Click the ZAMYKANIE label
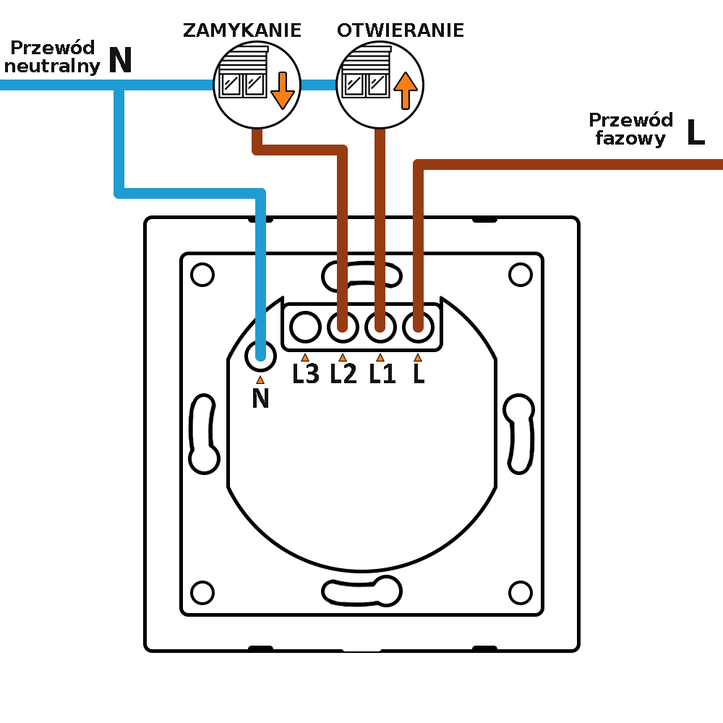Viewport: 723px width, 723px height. (x=241, y=30)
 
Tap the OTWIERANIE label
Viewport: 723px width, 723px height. (x=400, y=30)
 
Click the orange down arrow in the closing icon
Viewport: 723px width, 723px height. (x=282, y=89)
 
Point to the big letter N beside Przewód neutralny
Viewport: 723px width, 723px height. (x=120, y=61)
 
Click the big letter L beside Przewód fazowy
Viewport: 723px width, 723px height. (x=696, y=133)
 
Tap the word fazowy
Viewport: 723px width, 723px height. (x=630, y=138)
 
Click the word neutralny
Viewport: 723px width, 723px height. (x=52, y=67)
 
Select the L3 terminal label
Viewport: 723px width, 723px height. (x=306, y=374)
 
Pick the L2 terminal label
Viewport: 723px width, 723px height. (x=343, y=374)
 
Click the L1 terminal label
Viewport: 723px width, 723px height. (x=382, y=374)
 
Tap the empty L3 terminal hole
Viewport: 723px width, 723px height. (x=306, y=328)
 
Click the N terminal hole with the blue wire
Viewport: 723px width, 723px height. (x=260, y=354)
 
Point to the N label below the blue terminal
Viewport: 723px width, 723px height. (x=260, y=398)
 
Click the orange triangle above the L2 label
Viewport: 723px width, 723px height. (x=343, y=356)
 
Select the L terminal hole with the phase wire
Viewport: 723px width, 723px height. (x=418, y=328)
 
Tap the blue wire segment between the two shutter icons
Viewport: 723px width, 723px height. (x=318, y=85)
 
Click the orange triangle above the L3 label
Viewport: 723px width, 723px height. (x=305, y=356)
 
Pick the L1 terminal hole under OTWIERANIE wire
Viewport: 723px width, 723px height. (x=380, y=328)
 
